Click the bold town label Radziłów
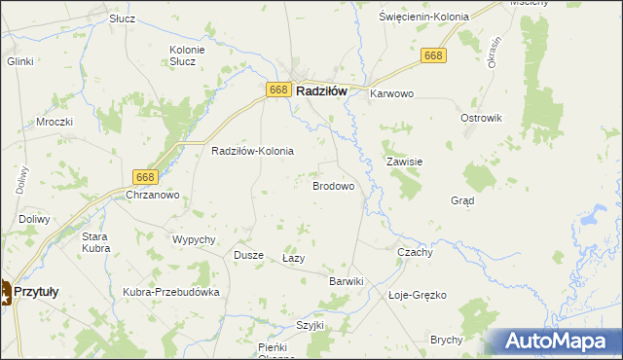(x=321, y=90)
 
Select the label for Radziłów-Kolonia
(x=253, y=152)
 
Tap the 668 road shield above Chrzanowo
(x=145, y=176)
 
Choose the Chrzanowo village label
(x=153, y=196)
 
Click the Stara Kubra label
(x=95, y=242)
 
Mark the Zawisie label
(x=404, y=162)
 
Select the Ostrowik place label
(x=480, y=118)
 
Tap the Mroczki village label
(x=55, y=123)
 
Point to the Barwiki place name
(x=346, y=281)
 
